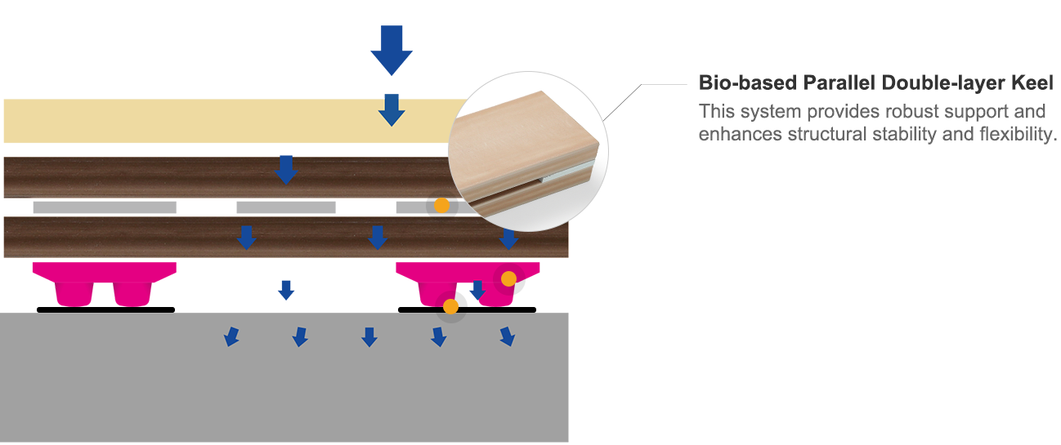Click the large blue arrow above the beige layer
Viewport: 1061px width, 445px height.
coord(392,50)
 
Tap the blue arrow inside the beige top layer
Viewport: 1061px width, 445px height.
coord(392,110)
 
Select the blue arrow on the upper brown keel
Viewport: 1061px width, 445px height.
coord(286,170)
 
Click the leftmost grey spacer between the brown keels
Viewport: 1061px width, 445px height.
coord(105,207)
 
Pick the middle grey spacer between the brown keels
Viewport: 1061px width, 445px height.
coord(286,207)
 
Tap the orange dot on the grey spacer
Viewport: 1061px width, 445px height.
coord(441,206)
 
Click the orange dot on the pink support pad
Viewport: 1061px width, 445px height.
coord(508,279)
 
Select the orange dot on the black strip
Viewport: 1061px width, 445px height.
coord(450,306)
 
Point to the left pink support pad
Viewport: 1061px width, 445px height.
coord(104,283)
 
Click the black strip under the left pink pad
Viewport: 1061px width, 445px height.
coord(105,309)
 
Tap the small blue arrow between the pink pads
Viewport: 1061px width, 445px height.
coord(286,290)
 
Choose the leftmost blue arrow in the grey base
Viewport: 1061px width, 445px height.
coord(231,336)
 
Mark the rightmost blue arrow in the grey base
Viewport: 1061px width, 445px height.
coord(508,336)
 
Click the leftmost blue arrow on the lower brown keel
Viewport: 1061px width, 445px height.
coord(246,238)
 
